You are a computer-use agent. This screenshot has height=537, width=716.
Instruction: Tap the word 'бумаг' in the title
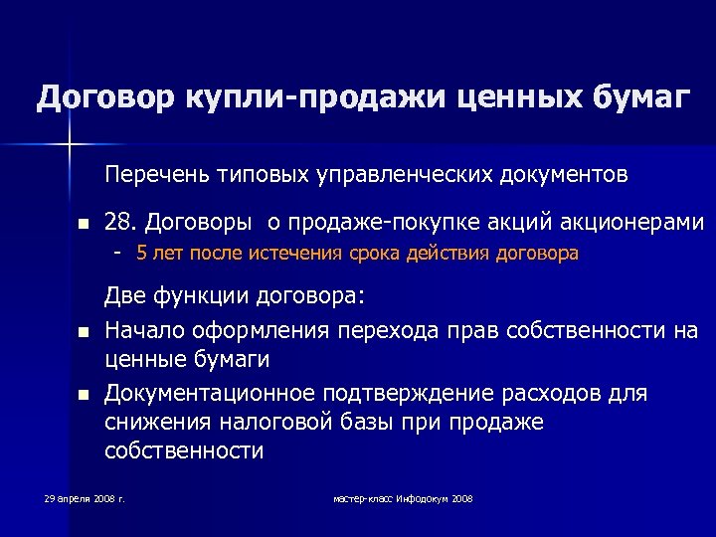(633, 98)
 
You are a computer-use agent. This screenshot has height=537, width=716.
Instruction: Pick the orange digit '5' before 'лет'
(141, 254)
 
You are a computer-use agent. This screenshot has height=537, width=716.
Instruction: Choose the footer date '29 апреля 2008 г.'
(85, 497)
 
